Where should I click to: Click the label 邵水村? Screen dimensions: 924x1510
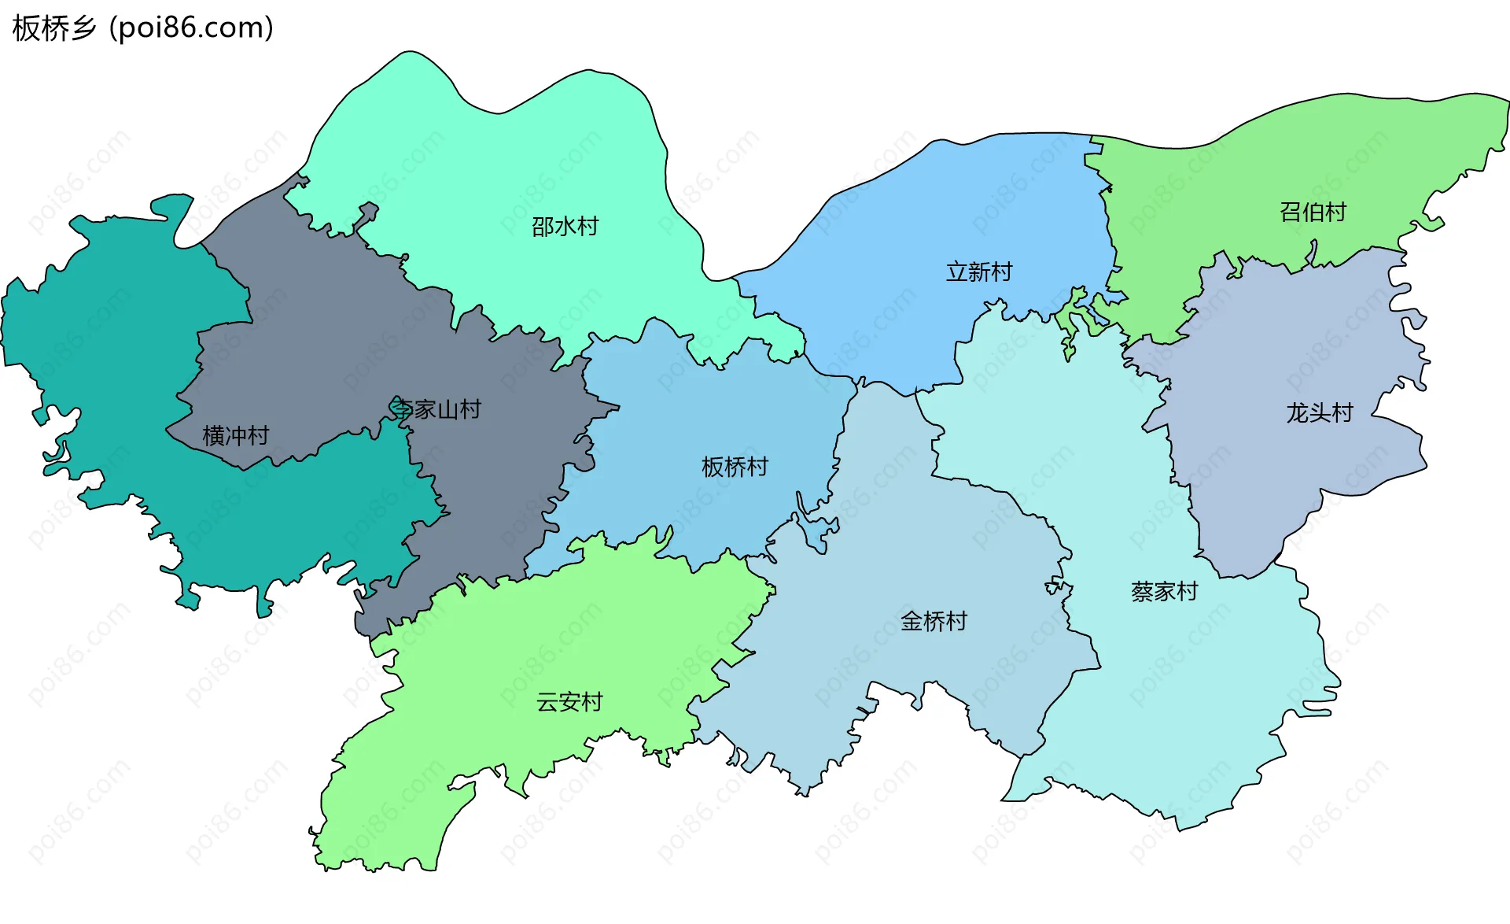point(565,227)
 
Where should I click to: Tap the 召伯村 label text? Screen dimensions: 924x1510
point(1313,212)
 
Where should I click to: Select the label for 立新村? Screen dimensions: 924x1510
point(978,272)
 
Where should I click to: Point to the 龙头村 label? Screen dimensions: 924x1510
point(1319,413)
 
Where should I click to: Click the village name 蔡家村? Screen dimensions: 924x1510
point(1164,592)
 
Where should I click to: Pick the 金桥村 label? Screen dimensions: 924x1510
point(934,622)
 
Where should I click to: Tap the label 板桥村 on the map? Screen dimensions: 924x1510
point(735,468)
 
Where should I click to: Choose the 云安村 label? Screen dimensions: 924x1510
point(569,702)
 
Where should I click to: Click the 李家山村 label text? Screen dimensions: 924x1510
point(436,409)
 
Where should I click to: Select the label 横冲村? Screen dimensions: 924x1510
point(235,436)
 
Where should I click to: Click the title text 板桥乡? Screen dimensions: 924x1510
point(54,28)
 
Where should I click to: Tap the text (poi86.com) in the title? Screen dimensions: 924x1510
point(192,28)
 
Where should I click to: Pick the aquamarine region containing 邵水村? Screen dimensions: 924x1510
point(535,157)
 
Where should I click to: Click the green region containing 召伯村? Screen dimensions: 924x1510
point(1258,173)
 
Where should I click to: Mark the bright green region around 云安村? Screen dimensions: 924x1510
point(551,645)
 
